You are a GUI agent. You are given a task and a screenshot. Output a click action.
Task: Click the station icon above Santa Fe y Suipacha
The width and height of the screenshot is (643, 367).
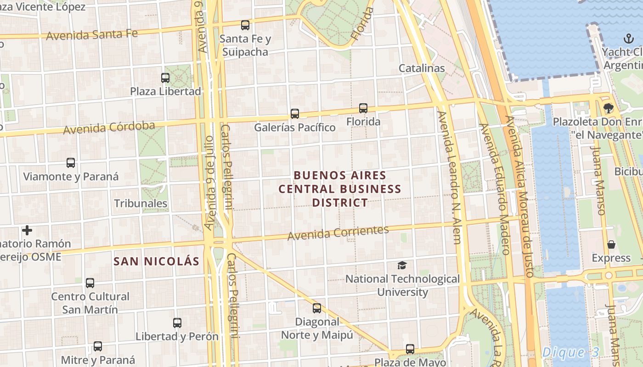245,25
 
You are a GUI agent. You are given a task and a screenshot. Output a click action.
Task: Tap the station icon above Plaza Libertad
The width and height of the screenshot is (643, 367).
165,78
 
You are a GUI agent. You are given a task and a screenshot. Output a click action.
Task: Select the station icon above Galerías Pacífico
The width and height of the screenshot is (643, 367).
295,113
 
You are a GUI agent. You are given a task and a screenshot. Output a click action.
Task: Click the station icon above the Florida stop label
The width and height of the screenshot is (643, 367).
363,108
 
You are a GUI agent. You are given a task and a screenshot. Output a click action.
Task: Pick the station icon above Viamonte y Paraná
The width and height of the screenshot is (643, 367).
71,163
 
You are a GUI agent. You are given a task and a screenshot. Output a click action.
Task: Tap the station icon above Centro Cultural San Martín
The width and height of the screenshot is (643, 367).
90,283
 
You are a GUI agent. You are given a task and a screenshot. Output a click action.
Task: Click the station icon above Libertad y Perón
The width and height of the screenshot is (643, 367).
177,323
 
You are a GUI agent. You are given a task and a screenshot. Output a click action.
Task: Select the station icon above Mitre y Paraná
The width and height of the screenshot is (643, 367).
98,346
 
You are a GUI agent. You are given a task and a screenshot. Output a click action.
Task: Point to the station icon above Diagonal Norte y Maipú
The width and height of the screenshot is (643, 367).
317,308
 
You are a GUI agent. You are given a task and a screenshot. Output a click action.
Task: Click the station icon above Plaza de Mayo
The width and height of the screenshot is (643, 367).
410,349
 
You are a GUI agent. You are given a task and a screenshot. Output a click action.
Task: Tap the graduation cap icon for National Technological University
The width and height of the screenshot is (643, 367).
402,265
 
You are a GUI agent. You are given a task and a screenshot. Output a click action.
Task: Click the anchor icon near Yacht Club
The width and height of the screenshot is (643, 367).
628,39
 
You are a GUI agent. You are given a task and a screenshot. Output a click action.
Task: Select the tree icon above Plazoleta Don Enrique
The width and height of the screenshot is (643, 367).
609,108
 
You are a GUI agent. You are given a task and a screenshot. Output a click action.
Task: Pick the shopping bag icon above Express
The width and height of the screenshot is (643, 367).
611,245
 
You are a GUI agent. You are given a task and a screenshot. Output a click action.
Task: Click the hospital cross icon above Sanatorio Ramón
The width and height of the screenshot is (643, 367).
27,230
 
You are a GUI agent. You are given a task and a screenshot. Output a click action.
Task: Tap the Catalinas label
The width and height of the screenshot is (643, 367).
422,68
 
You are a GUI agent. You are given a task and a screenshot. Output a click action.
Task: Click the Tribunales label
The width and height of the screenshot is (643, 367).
141,203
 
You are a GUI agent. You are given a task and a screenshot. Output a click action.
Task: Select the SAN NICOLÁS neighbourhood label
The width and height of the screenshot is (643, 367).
156,261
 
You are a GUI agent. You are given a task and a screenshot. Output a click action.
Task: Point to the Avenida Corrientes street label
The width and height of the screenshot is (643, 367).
338,233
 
